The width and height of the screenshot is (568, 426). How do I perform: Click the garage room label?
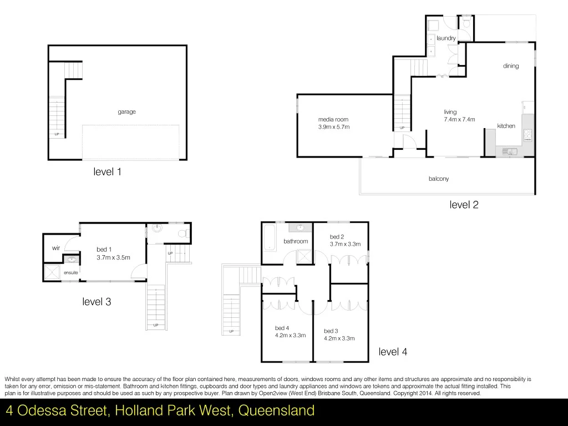126,112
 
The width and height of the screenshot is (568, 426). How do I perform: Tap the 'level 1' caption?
107,172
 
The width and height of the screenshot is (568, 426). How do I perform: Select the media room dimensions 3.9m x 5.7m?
334,127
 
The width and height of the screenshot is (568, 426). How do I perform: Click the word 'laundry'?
446,38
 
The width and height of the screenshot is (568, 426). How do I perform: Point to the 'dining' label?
511,66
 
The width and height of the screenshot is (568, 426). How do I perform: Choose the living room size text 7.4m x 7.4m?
459,120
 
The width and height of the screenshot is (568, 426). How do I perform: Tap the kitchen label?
506,126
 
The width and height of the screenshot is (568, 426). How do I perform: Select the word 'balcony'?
438,179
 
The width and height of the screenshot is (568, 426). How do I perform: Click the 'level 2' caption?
464,205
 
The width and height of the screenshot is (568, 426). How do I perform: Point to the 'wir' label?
56,248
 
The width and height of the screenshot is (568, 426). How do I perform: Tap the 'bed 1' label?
104,250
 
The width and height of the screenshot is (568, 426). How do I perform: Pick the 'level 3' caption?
97,302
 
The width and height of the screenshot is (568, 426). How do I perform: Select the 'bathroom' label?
296,241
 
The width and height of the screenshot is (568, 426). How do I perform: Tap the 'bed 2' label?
337,237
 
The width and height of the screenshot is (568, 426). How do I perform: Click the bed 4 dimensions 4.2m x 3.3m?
290,335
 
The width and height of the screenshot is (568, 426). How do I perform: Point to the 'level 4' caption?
393,352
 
